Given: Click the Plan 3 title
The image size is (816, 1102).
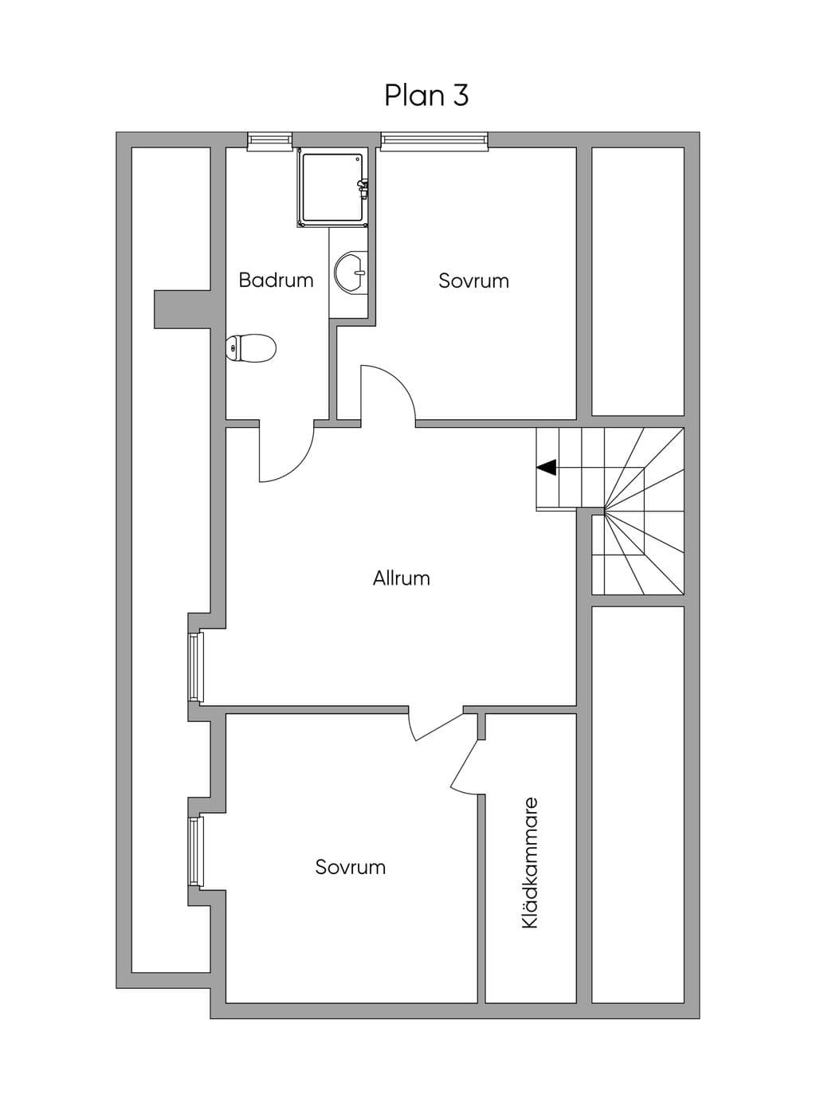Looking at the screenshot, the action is (x=426, y=96).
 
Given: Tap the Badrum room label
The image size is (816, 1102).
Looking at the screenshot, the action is (x=276, y=280).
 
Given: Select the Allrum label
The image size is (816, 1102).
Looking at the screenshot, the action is (x=401, y=578).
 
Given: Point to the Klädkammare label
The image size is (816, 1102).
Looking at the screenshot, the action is (x=530, y=863).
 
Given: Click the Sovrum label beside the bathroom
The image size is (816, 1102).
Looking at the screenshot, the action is (x=473, y=281).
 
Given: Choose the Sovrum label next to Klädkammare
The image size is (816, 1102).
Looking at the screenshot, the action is (x=351, y=867).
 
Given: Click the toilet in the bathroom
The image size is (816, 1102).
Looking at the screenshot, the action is (x=250, y=347).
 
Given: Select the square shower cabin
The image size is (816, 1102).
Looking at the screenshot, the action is (x=333, y=188).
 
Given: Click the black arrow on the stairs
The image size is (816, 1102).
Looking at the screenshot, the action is (x=547, y=468).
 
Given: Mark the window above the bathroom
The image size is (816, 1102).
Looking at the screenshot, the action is (x=270, y=141).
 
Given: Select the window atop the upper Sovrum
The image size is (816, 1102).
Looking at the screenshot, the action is (x=434, y=141).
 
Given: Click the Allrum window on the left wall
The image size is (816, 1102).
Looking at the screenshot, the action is (x=196, y=667).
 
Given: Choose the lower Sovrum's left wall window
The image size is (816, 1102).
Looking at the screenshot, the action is (x=196, y=852).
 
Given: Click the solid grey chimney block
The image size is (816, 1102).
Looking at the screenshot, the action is (x=182, y=309).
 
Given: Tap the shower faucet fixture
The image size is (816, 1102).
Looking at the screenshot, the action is (x=363, y=189).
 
